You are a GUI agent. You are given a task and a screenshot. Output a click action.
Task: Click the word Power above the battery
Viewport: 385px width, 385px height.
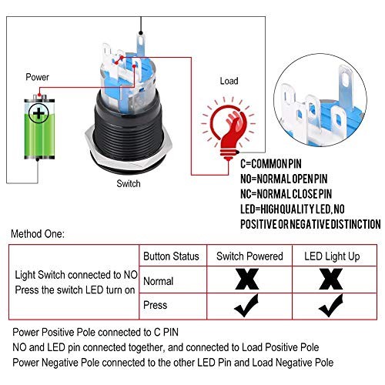(x=37, y=78)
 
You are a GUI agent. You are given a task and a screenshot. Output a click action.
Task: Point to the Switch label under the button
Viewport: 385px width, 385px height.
(x=128, y=185)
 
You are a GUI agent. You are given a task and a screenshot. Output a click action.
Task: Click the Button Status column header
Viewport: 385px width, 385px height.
(x=171, y=256)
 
